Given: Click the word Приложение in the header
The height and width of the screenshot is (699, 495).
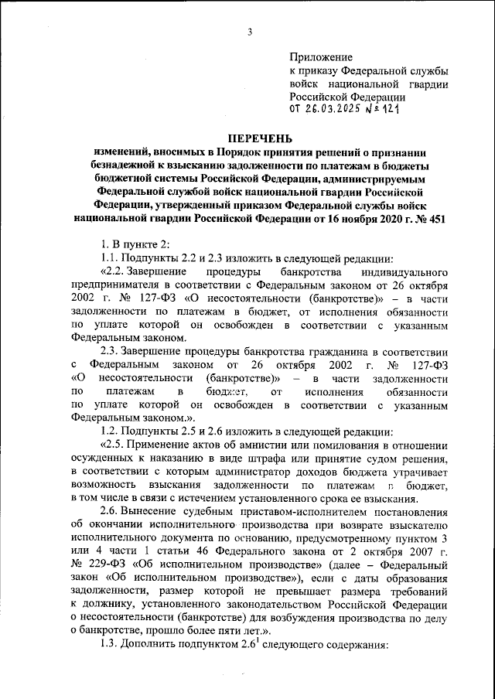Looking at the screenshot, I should [x=320, y=57].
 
